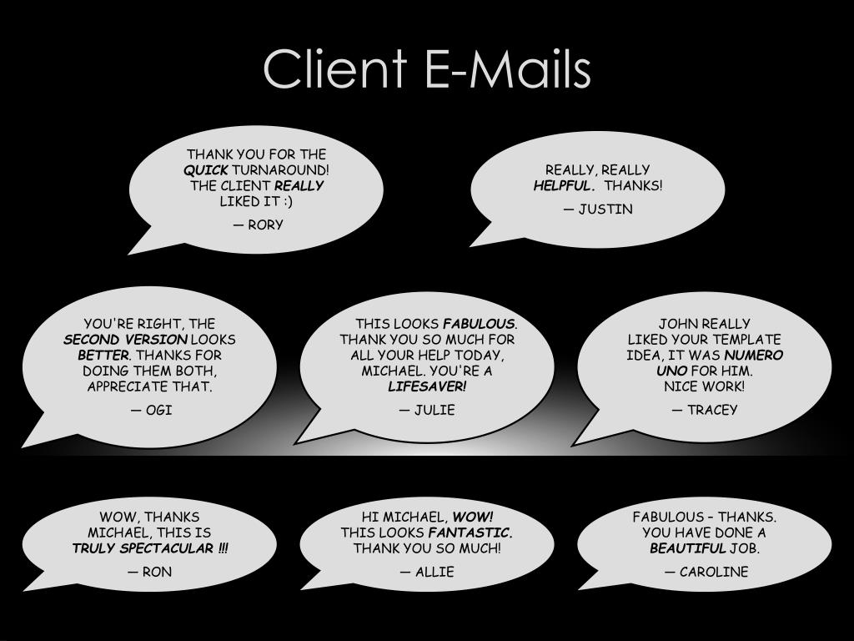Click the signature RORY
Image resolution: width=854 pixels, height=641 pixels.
[x=265, y=225]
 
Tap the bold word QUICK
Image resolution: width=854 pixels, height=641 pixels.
[x=206, y=170]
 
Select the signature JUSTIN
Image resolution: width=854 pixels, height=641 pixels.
[x=605, y=209]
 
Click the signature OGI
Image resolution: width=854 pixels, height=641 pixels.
[x=158, y=410]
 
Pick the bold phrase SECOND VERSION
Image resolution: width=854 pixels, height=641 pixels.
[x=125, y=340]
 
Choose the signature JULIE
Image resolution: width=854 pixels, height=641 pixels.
[x=435, y=410]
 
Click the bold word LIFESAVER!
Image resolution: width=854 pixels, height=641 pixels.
[x=427, y=386]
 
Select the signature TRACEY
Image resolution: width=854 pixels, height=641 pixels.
[x=712, y=410]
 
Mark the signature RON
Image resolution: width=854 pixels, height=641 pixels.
[x=157, y=572]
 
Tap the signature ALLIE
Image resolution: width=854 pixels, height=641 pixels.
[x=435, y=572]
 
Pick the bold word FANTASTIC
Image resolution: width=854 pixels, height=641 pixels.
[x=470, y=532]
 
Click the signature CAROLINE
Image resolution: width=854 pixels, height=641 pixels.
[x=714, y=572]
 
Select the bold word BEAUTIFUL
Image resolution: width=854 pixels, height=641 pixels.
[x=688, y=548]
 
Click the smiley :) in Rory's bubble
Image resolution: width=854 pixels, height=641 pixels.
[x=287, y=201]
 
